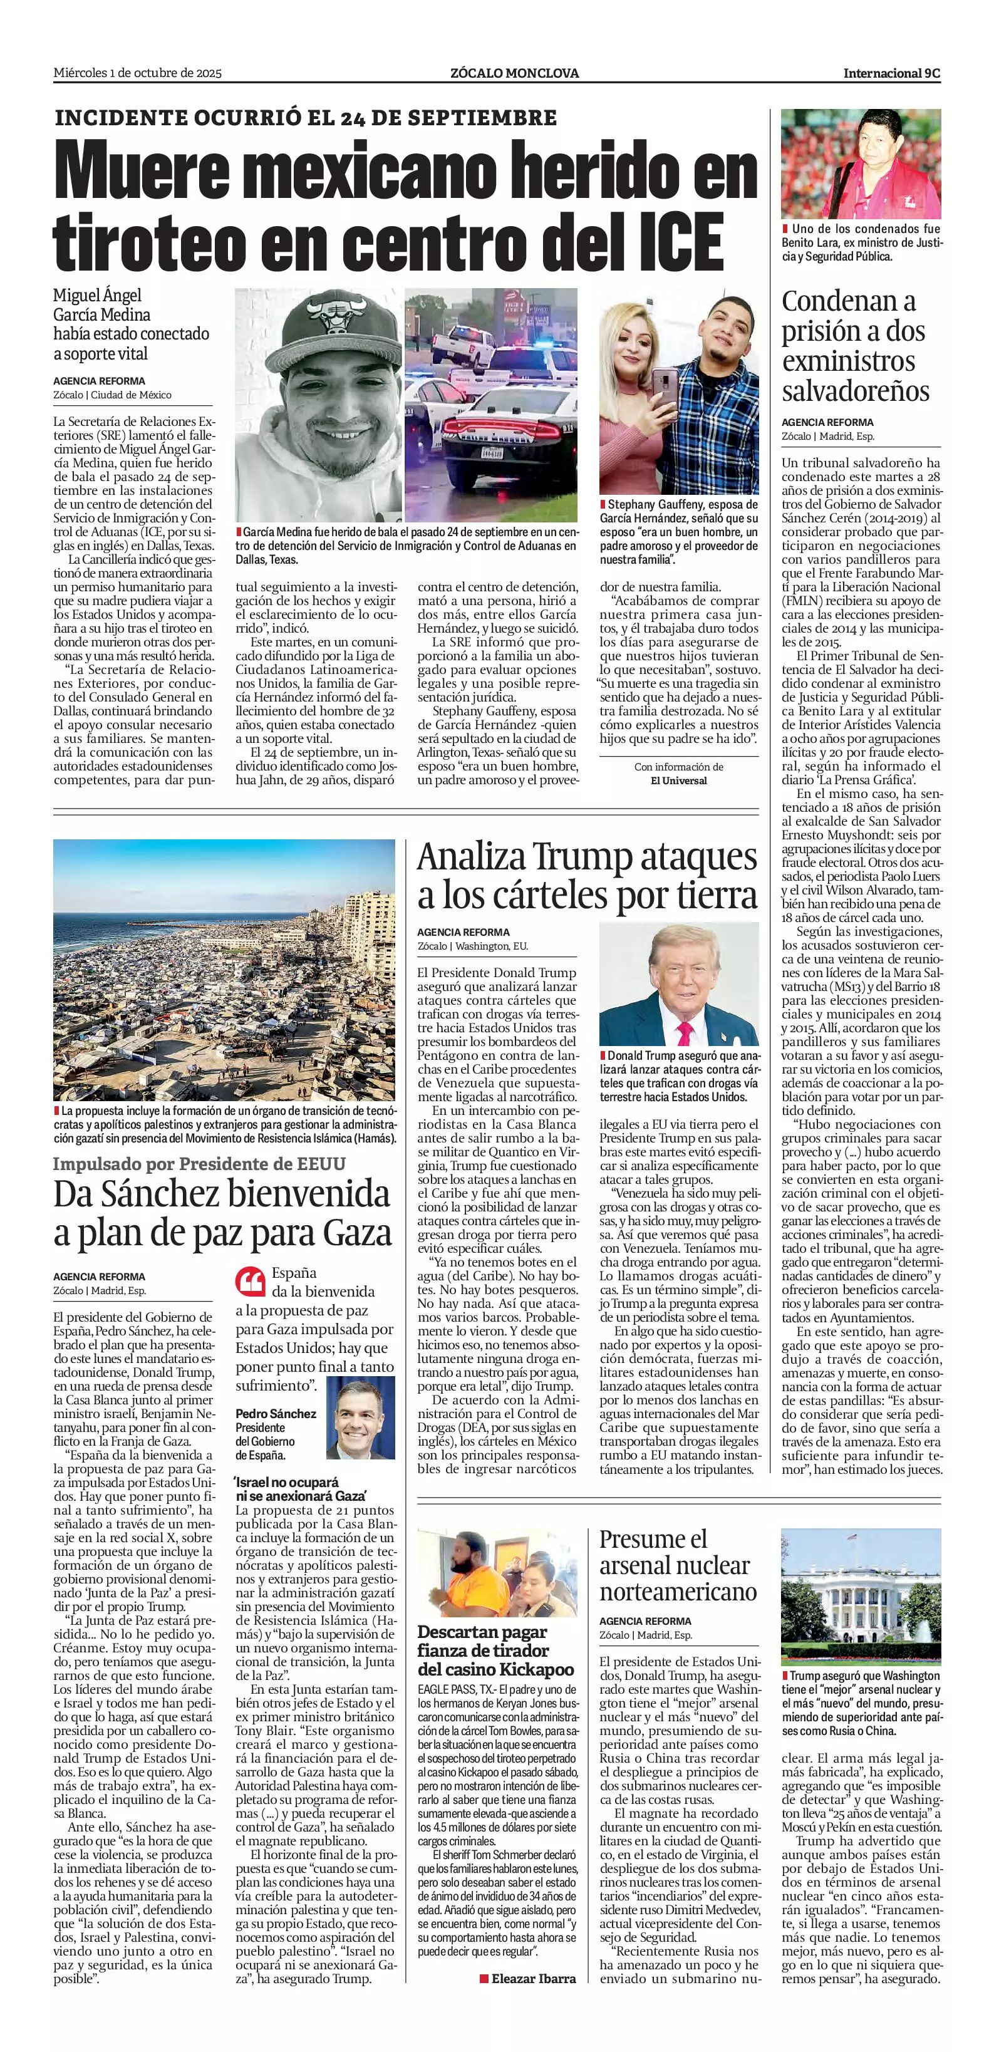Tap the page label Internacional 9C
click(x=892, y=73)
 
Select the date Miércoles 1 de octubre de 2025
click(x=137, y=73)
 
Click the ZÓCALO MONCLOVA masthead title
click(x=514, y=73)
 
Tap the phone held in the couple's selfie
click(x=665, y=384)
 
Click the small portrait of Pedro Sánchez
click(x=360, y=1419)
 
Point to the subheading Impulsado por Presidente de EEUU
click(x=199, y=1164)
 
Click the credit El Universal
click(x=678, y=780)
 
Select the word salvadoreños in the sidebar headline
click(x=856, y=391)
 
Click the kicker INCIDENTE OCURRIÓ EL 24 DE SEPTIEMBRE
click(x=306, y=118)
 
